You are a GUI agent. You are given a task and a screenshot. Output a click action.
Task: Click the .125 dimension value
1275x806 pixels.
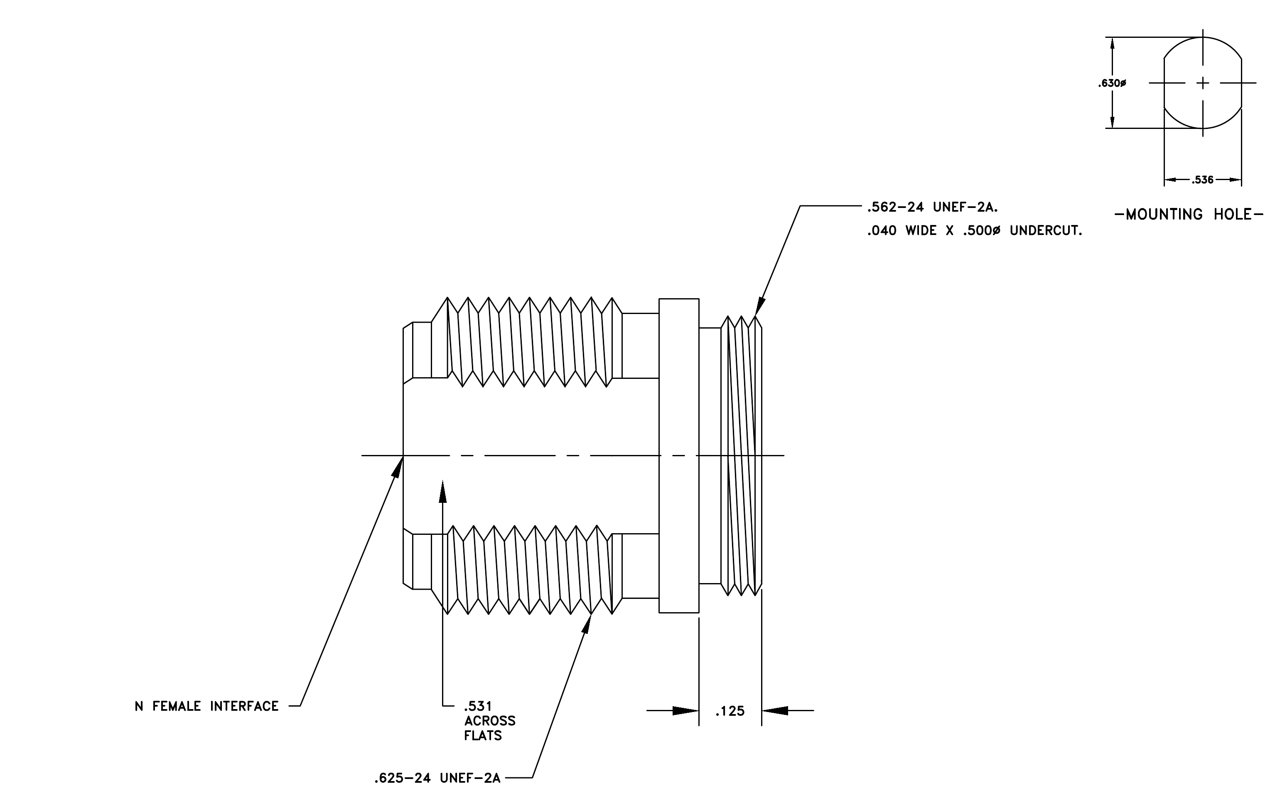coord(730,711)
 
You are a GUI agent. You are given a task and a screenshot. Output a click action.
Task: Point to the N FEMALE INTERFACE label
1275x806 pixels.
coord(206,706)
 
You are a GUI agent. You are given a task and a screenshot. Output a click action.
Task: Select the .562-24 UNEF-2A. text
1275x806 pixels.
coord(932,207)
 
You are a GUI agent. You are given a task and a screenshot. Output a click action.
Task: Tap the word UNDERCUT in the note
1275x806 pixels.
coord(1046,231)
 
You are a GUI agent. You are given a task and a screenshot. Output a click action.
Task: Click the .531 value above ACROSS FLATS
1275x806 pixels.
coord(478,706)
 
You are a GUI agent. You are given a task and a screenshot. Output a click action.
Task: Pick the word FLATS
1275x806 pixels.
coord(483,736)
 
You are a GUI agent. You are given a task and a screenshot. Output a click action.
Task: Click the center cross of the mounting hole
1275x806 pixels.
coord(1203,83)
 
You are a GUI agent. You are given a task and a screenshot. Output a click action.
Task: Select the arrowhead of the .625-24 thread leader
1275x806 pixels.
coord(587,624)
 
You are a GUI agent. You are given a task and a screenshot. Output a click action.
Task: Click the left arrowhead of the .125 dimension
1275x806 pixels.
coord(685,711)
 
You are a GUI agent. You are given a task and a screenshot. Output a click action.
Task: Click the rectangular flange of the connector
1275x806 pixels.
coord(679,456)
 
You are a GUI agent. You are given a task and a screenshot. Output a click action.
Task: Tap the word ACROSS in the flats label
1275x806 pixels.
coord(490,721)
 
